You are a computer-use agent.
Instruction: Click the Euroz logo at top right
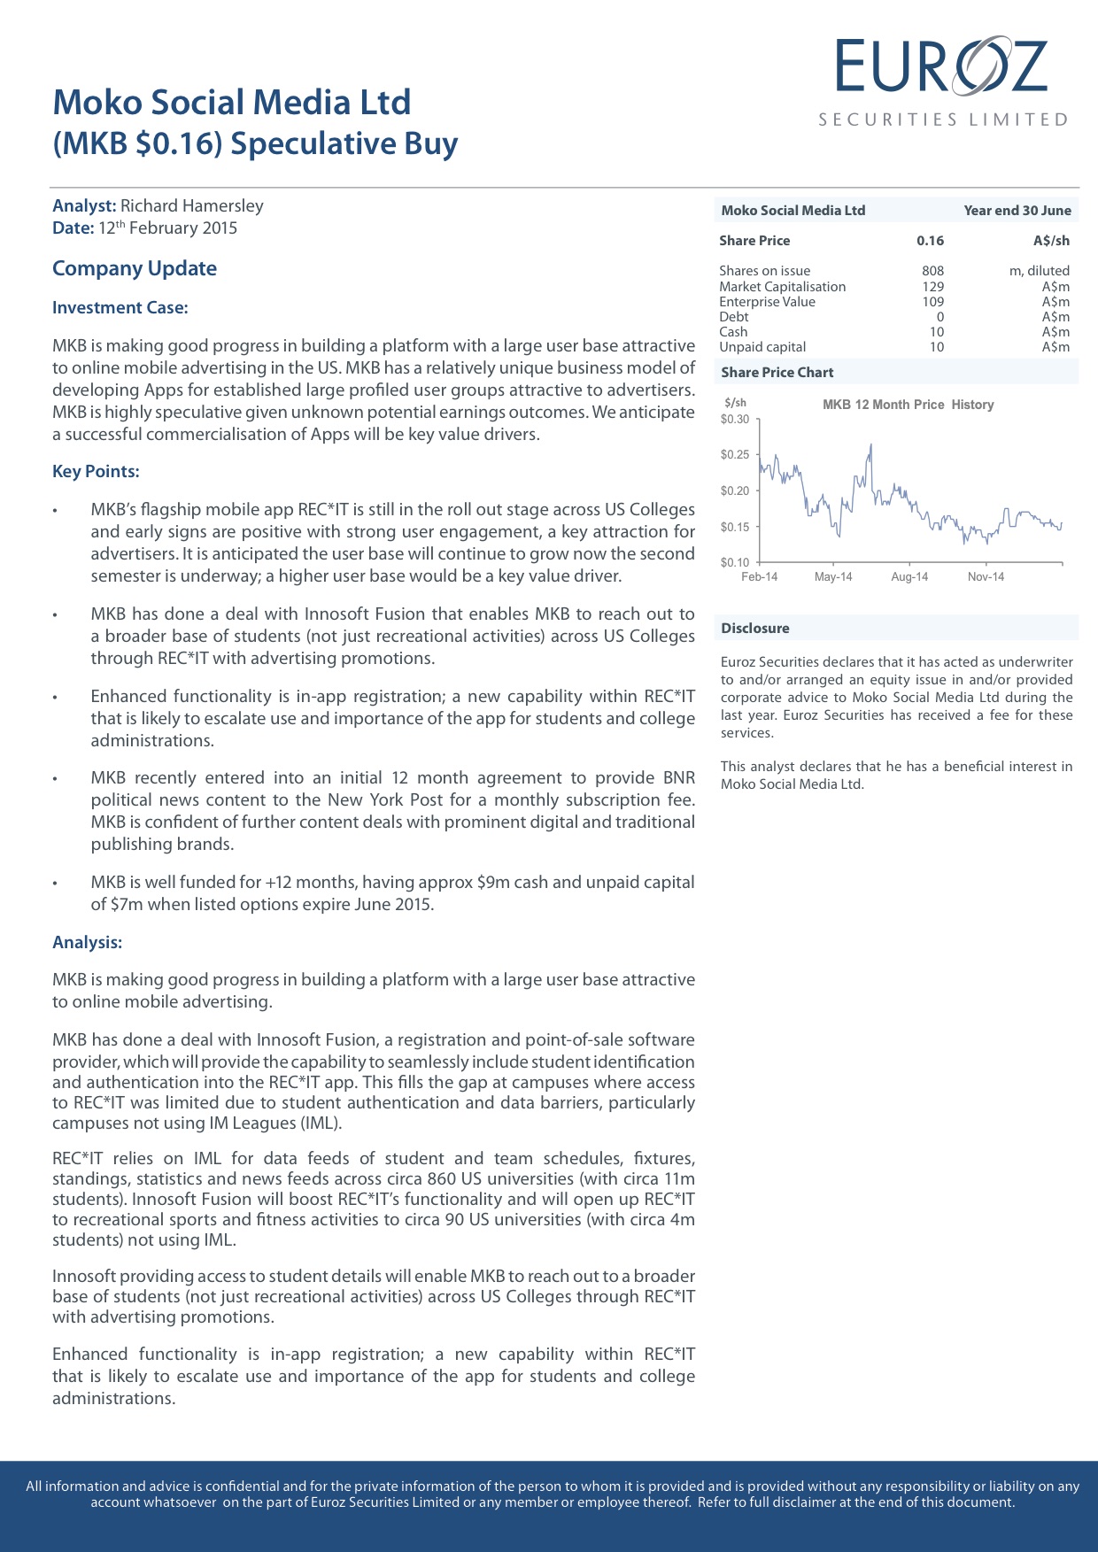[942, 80]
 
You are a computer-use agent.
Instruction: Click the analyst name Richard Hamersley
[191, 206]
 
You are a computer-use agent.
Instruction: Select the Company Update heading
[135, 268]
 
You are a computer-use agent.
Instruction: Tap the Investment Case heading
[120, 308]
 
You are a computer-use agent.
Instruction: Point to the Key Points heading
[96, 471]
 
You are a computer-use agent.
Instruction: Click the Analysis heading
[87, 942]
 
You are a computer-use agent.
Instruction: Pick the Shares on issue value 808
[932, 271]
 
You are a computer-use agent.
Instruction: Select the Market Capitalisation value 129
[932, 287]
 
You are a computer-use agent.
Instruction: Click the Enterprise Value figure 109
[932, 302]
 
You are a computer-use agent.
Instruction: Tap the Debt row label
[734, 317]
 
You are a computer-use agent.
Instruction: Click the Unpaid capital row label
[762, 347]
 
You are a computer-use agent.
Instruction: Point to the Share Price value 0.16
[930, 241]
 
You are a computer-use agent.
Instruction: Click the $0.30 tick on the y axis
[735, 420]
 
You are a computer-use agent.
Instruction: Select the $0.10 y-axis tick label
[735, 562]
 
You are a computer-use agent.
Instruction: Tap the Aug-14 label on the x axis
[909, 577]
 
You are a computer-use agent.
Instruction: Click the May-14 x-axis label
[833, 577]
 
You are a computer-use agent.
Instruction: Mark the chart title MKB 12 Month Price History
[908, 405]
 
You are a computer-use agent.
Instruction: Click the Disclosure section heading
[754, 629]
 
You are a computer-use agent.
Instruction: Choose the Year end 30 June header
[1017, 211]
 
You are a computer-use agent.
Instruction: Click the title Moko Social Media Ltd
[232, 103]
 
